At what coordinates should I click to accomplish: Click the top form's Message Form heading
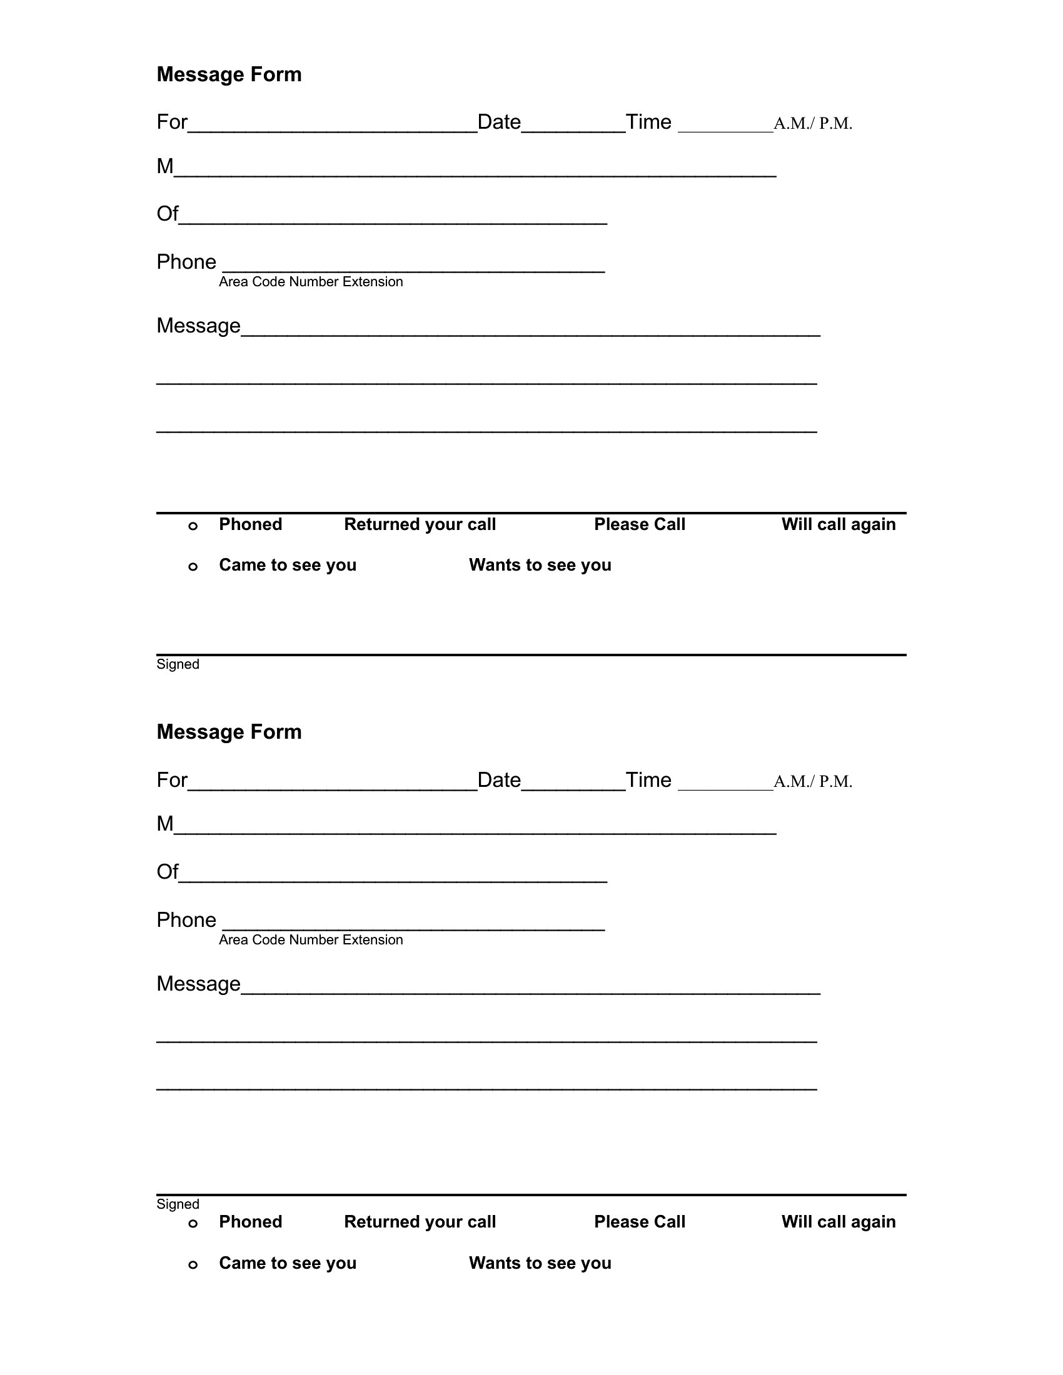tap(229, 74)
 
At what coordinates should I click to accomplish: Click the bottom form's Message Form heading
tap(229, 732)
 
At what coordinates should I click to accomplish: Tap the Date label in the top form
tap(499, 121)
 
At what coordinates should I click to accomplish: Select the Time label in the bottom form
tap(648, 779)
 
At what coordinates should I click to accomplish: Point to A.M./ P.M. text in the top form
tap(812, 123)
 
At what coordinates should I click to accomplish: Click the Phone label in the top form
tap(186, 261)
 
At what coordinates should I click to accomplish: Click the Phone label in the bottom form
tap(186, 919)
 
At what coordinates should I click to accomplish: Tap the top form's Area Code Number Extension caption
tap(311, 281)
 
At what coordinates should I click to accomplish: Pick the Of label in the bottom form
tap(167, 871)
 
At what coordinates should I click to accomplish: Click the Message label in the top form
tap(198, 326)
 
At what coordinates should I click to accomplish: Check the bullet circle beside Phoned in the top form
tap(193, 526)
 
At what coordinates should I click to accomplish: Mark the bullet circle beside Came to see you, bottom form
tap(193, 1264)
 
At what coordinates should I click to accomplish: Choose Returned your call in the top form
tap(420, 524)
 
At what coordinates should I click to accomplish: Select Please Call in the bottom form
tap(639, 1221)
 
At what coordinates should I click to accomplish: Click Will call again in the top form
tap(838, 524)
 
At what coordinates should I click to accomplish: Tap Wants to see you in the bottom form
tap(540, 1262)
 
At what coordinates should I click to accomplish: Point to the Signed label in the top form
tap(178, 664)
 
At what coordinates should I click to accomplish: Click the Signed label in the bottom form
tap(178, 1204)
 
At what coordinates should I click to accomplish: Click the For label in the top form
tap(172, 121)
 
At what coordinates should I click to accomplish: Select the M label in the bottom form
tap(165, 823)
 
